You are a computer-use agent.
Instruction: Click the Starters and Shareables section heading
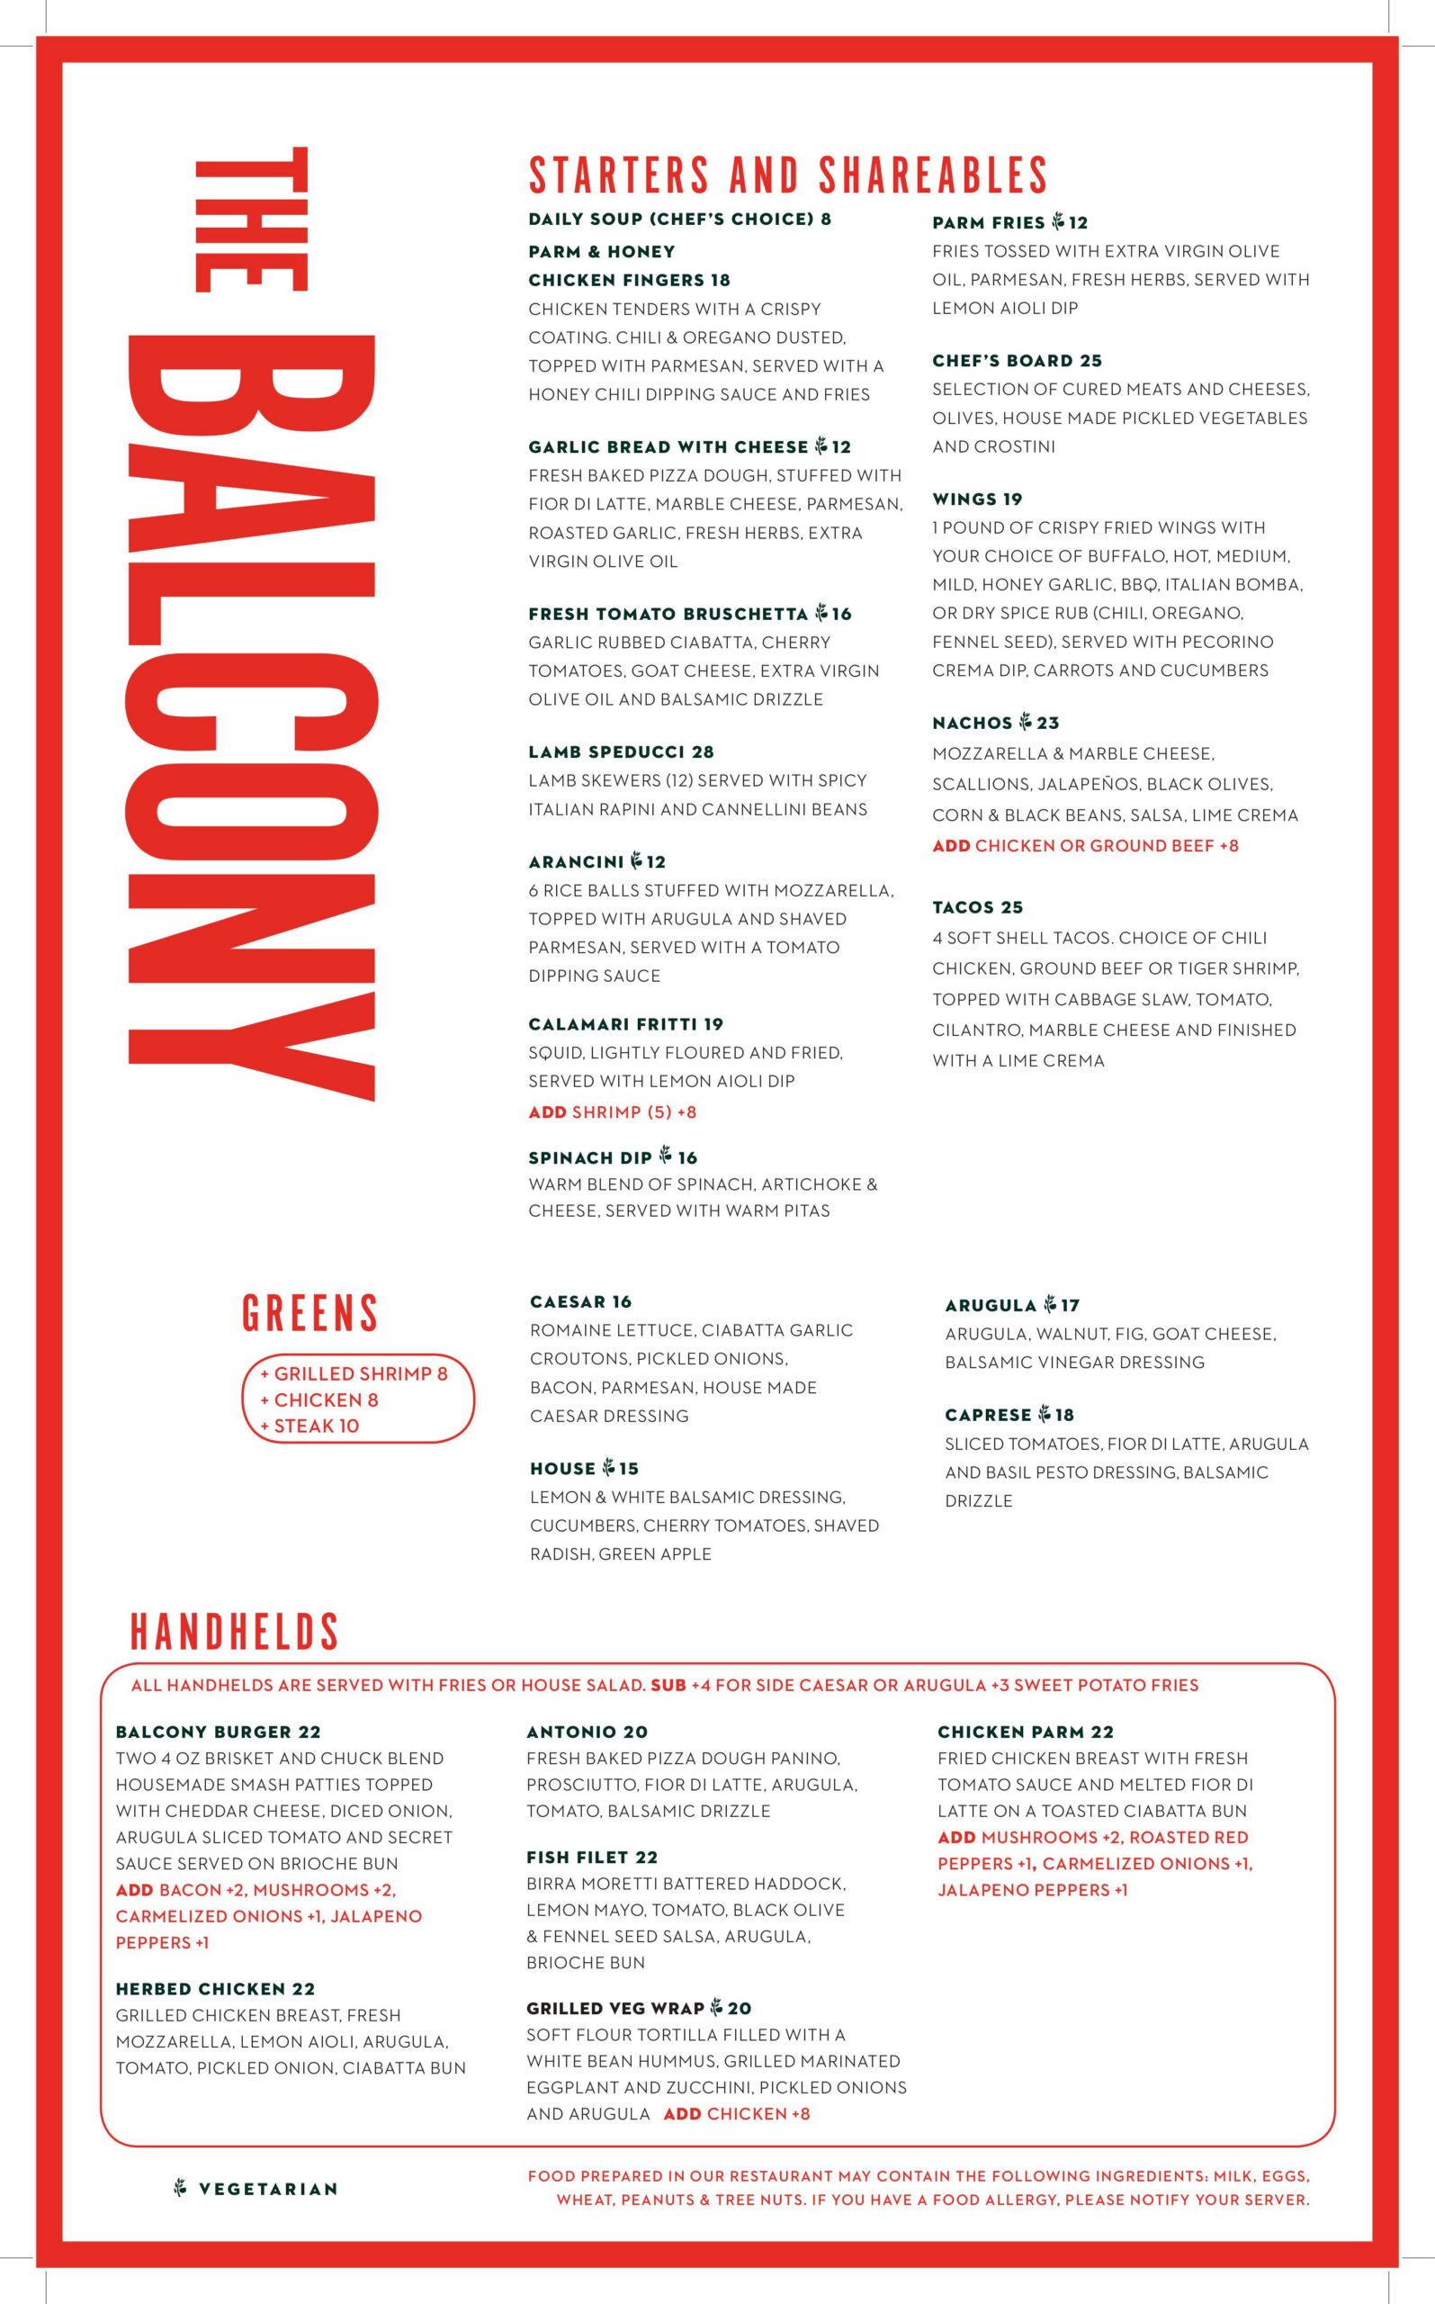[x=788, y=175]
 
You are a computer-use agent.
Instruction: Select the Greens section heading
[x=309, y=1313]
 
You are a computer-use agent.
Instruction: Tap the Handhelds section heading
[x=234, y=1632]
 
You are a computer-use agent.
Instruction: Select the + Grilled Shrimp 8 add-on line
[x=353, y=1373]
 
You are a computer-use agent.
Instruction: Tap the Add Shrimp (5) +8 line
[x=612, y=1111]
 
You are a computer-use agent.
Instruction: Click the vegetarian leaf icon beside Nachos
[x=1025, y=723]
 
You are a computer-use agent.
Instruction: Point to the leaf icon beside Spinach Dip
[x=665, y=1156]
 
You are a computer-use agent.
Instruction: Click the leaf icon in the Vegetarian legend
[x=180, y=2188]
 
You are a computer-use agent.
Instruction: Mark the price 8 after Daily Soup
[x=826, y=220]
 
